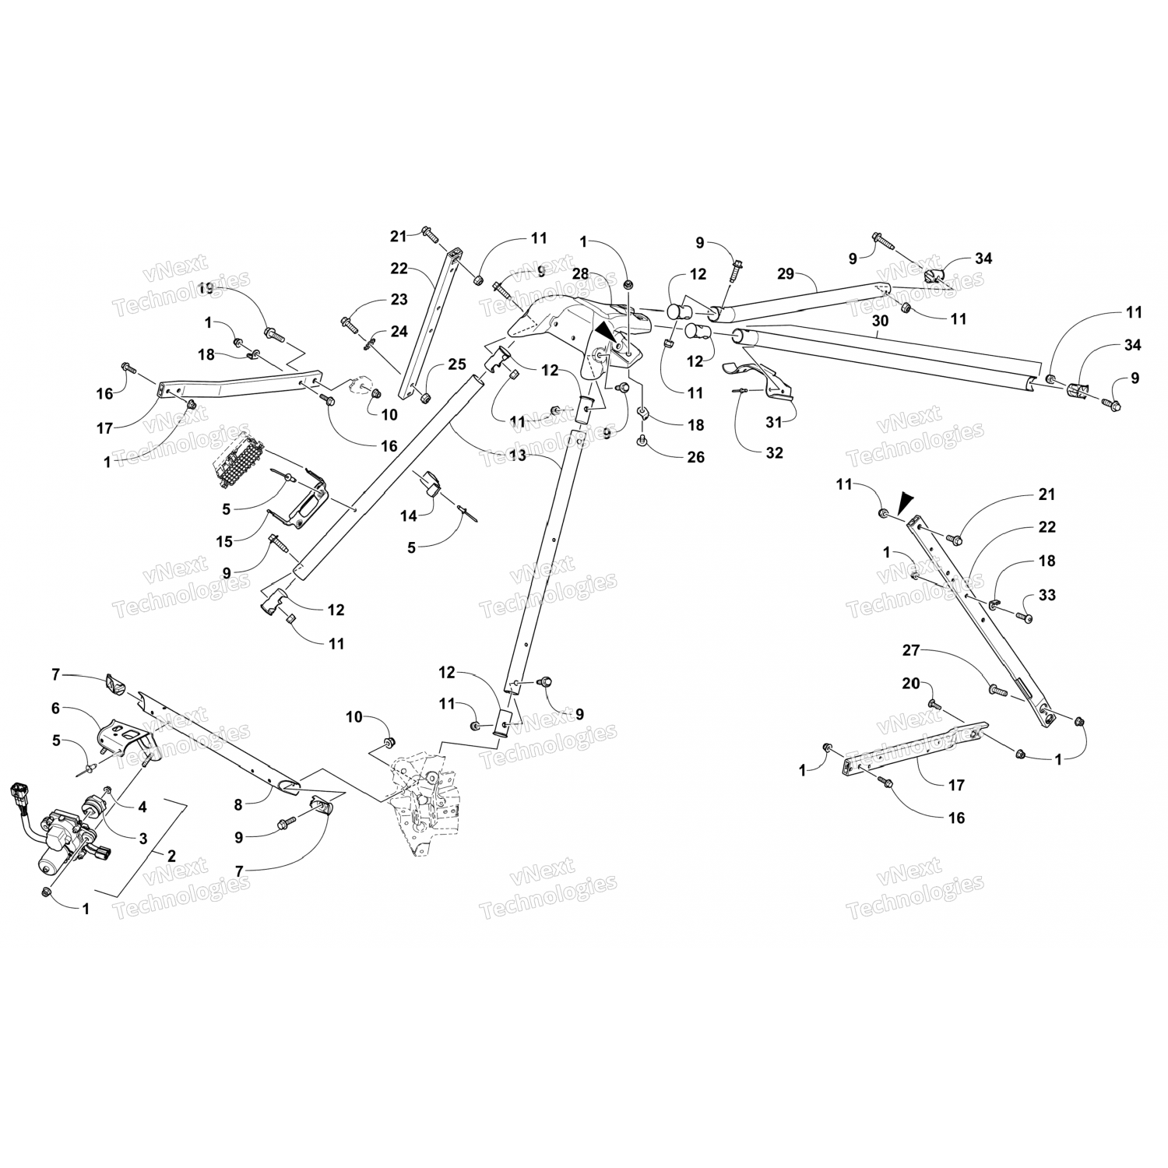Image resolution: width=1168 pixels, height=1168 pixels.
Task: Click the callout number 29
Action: (786, 274)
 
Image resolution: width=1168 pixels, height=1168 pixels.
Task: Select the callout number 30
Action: (880, 321)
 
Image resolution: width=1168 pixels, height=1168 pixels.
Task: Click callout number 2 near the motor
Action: (171, 855)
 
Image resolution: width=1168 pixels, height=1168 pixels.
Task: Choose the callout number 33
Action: (1047, 596)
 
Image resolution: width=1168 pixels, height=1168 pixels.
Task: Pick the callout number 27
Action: (913, 649)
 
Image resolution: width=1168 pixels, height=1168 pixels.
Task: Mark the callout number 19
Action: (205, 289)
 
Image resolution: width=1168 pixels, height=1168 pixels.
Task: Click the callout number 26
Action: (695, 457)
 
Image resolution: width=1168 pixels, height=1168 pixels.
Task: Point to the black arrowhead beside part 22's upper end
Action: (905, 504)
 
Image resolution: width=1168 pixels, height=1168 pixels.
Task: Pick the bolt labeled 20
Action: (934, 705)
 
